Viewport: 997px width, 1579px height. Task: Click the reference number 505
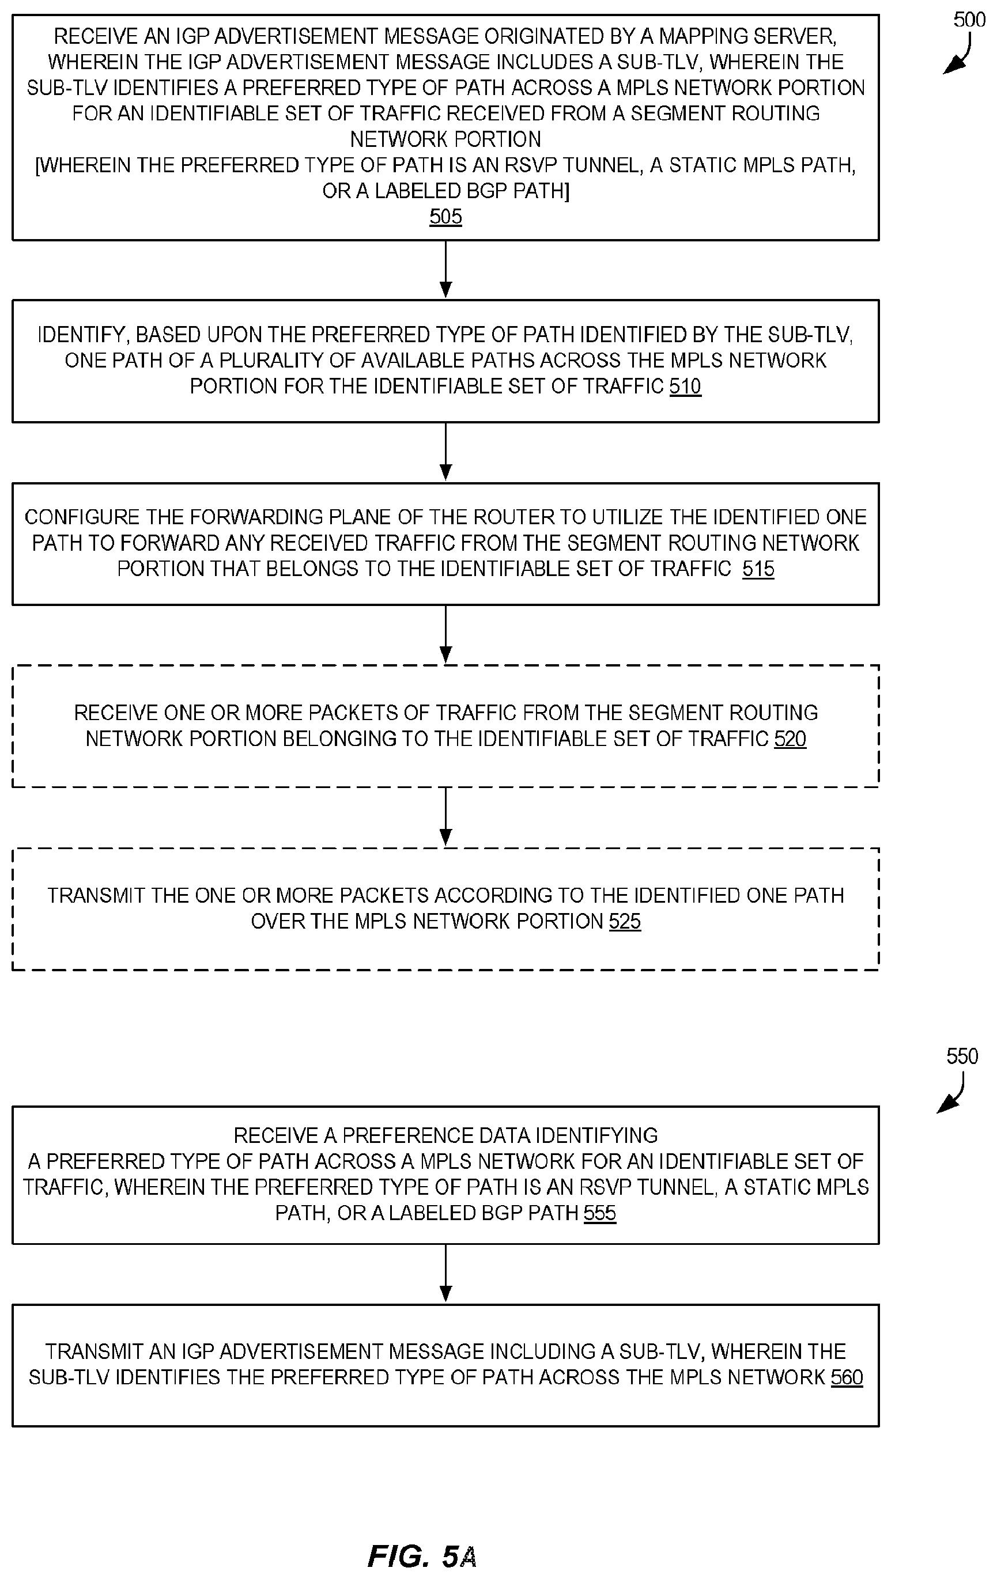445,217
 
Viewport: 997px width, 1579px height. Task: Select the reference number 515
758,569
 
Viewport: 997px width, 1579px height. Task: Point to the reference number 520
790,739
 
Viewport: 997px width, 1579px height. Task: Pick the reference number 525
625,921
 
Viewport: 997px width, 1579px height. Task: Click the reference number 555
599,1213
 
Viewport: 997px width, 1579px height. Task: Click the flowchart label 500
969,20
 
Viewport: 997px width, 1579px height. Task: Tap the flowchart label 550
962,1057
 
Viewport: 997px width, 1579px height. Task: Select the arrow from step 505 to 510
445,270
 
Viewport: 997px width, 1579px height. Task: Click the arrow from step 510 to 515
445,452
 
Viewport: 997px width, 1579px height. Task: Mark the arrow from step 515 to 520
445,634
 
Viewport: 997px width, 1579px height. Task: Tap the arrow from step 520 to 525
445,817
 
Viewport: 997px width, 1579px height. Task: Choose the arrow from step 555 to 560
445,1274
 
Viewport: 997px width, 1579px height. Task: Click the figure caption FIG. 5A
422,1556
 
